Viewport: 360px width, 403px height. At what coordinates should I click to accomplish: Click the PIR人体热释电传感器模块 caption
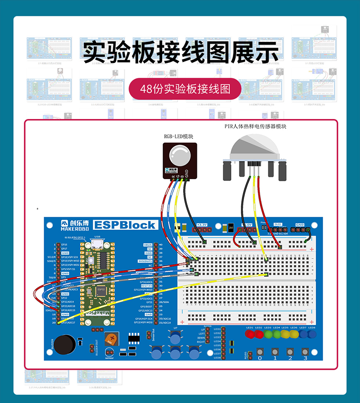coord(256,126)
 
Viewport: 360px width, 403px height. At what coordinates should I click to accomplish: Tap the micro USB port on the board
coord(97,246)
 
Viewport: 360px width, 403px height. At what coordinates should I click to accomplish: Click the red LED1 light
coord(250,335)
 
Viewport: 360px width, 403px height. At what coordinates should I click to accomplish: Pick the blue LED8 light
coord(312,335)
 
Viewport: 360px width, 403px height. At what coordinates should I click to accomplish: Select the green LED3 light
coord(267,335)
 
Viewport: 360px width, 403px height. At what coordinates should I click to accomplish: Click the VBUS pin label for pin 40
coord(148,245)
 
